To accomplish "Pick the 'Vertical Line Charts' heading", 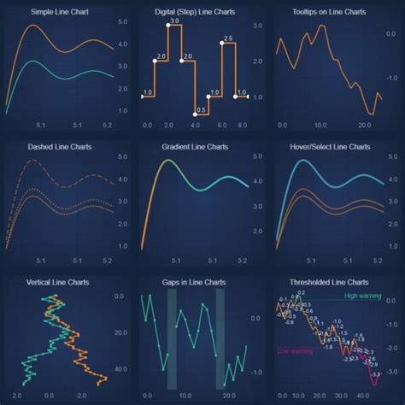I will point(60,281).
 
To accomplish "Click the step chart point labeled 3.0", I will point(168,26).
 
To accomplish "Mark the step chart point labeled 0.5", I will point(195,114).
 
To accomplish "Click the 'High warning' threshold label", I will point(363,296).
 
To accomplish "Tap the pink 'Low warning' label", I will point(295,351).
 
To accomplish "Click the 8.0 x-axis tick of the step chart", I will point(244,126).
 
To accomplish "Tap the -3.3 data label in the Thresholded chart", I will point(377,373).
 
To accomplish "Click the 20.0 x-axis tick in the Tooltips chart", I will point(363,126).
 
